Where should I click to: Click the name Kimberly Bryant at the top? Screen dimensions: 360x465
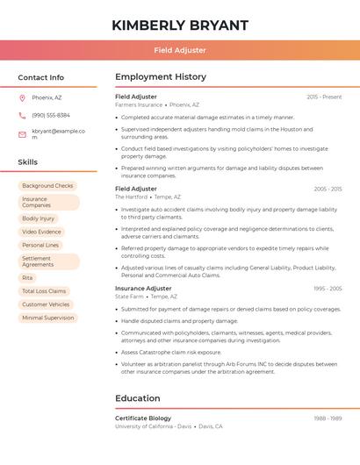[x=180, y=25]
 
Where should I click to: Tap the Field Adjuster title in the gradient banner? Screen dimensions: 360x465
[x=180, y=50]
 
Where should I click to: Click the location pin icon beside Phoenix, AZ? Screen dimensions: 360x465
[x=22, y=97]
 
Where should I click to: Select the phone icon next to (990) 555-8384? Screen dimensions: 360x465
[x=22, y=116]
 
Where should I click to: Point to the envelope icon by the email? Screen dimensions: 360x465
[x=22, y=134]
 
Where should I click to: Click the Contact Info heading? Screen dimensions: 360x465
[x=41, y=77]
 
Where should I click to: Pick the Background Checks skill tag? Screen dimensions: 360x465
[x=47, y=186]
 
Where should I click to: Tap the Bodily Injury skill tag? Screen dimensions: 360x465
[x=39, y=218]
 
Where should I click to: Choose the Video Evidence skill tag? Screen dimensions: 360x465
[x=42, y=232]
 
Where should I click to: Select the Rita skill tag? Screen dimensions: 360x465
[x=28, y=277]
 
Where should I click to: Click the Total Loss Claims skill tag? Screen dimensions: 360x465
[x=44, y=290]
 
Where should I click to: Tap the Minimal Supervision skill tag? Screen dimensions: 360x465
[x=48, y=318]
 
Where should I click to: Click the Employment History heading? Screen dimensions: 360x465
[x=161, y=77]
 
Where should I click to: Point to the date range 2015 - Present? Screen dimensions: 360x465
[x=324, y=97]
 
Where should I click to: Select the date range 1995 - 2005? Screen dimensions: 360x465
[x=328, y=288]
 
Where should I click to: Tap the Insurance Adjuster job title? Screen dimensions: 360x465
[x=143, y=288]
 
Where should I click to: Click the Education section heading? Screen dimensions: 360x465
[x=138, y=398]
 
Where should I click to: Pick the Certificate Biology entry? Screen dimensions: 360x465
[x=143, y=418]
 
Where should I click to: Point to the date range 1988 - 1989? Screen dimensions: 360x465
[x=328, y=418]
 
